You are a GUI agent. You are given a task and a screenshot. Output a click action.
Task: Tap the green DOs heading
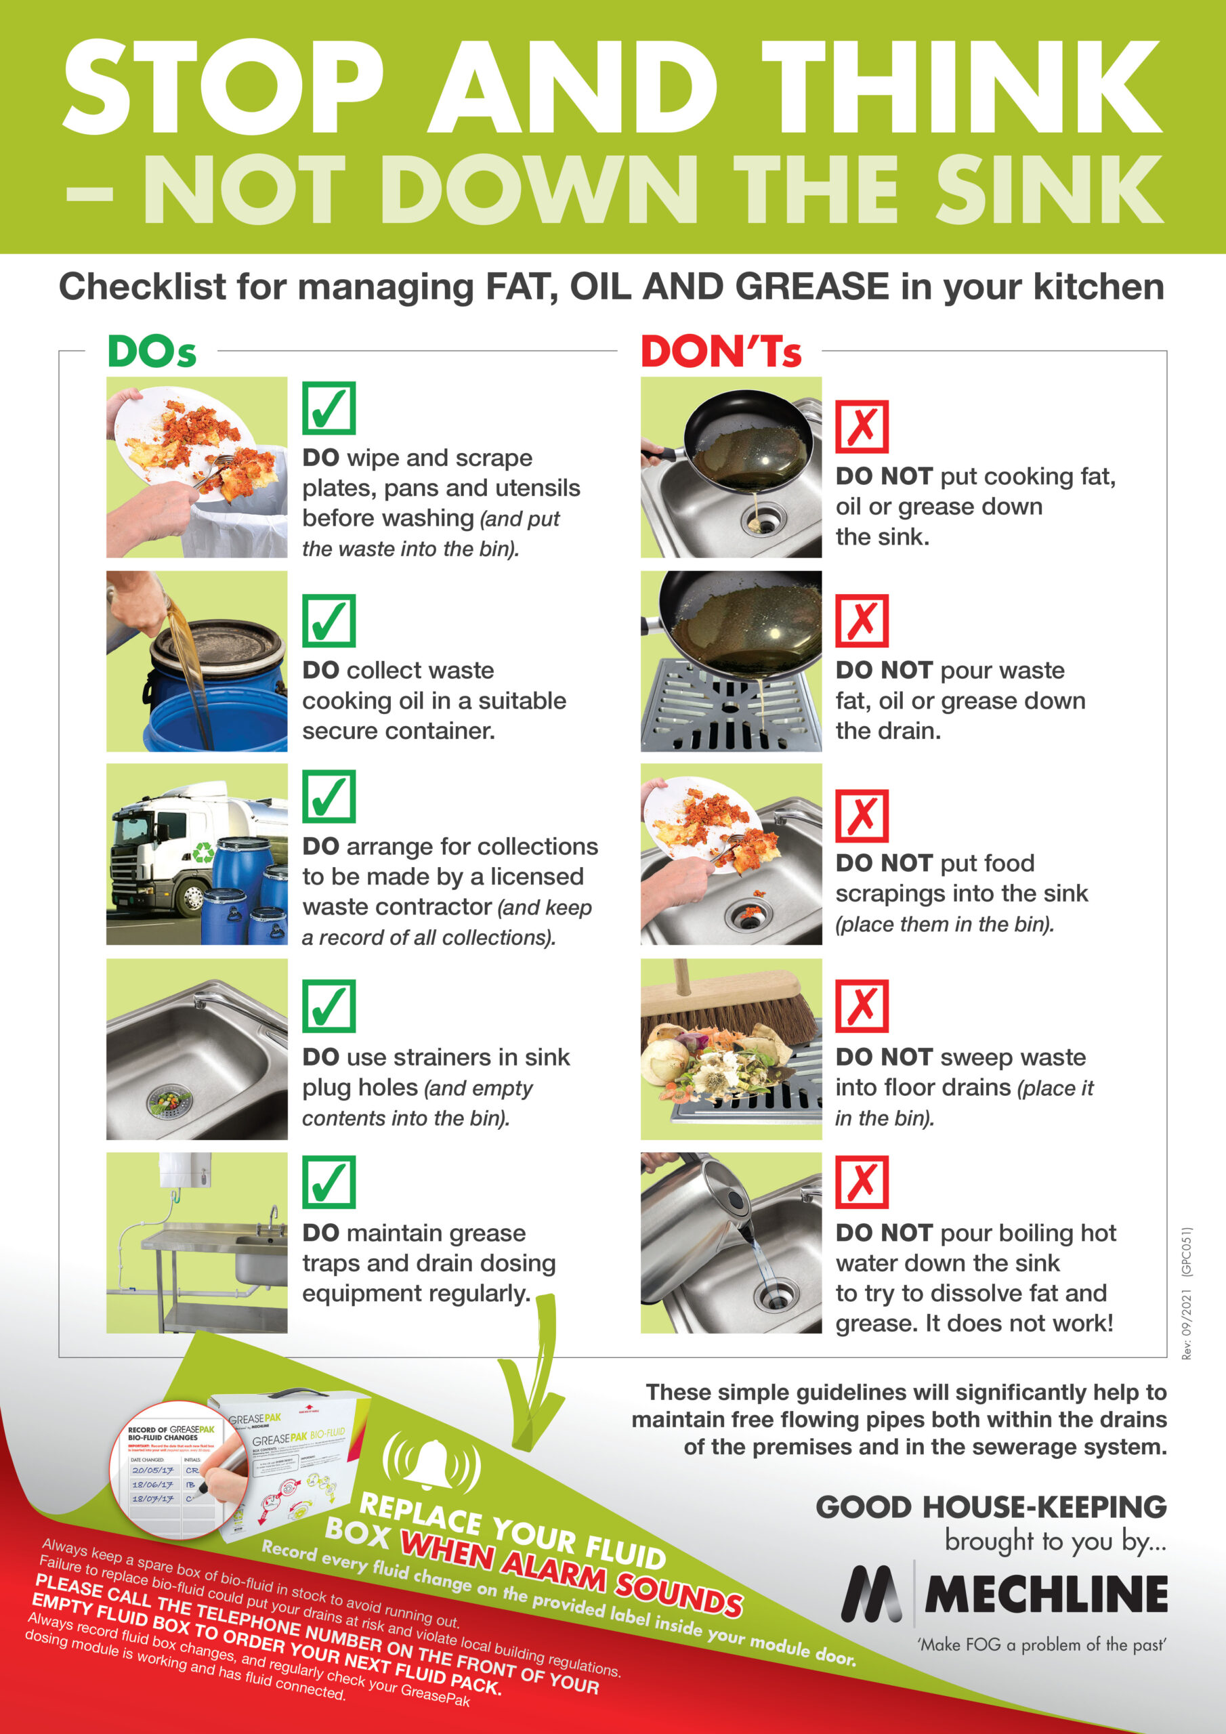tap(152, 352)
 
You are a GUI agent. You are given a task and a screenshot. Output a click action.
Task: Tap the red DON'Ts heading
tap(721, 352)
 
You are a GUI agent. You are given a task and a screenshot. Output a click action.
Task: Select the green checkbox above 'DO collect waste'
tap(329, 621)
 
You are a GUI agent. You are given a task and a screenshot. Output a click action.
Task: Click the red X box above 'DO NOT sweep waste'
tap(862, 1006)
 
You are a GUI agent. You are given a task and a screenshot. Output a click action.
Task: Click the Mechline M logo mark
tap(872, 1594)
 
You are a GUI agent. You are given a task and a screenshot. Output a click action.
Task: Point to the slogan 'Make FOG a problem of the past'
tap(1042, 1645)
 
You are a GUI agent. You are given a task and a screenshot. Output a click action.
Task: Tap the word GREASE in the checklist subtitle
tap(812, 288)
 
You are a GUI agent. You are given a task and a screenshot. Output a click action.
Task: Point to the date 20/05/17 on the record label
tap(152, 1471)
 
